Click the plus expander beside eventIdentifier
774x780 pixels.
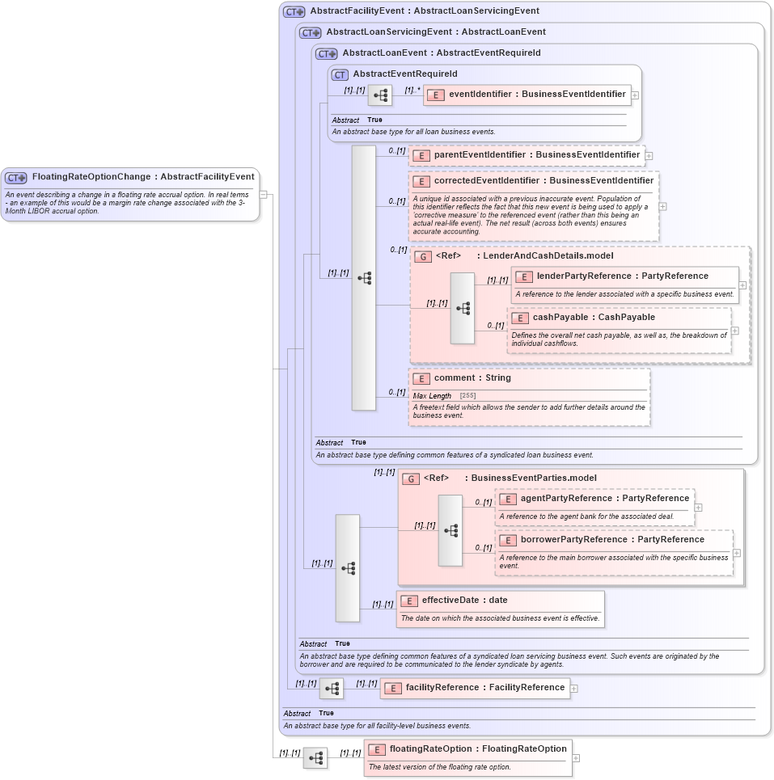[635, 95]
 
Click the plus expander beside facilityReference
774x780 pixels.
[574, 689]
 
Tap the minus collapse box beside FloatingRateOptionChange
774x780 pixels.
[264, 194]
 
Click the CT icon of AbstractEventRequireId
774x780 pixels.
[340, 74]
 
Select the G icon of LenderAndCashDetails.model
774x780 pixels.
[422, 256]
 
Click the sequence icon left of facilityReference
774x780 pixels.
[331, 689]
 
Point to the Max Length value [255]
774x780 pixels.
[467, 396]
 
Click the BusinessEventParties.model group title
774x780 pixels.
[534, 479]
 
